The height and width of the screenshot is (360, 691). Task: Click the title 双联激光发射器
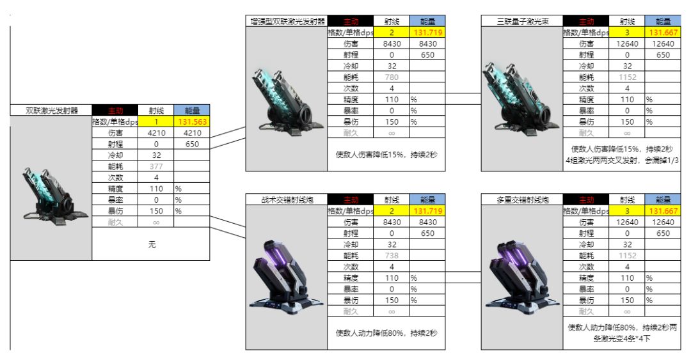pos(51,110)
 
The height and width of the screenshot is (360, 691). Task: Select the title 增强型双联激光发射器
pos(286,21)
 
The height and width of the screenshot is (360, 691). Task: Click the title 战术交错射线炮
pos(286,200)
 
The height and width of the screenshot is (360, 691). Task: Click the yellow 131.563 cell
pos(192,121)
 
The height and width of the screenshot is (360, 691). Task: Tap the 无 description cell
pos(151,244)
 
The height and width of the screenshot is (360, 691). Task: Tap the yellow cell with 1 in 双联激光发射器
pos(156,121)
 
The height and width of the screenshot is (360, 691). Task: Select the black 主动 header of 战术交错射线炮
pos(351,200)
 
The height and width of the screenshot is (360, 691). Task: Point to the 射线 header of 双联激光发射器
pos(156,110)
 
